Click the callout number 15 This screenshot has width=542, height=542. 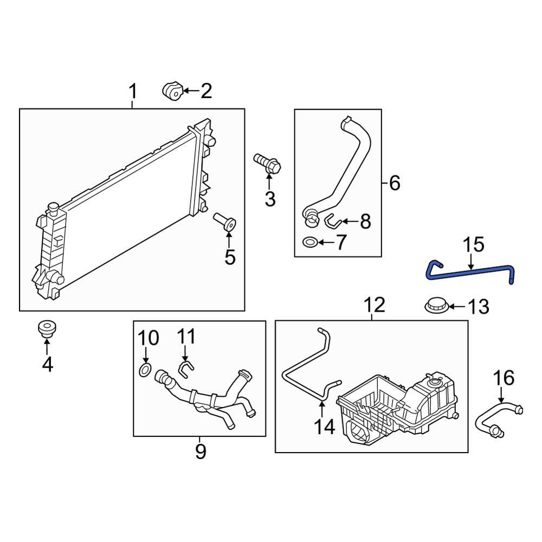click(x=473, y=245)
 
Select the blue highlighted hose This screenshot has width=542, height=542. click(x=472, y=273)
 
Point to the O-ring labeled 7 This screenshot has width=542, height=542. click(x=311, y=242)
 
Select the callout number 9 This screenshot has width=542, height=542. click(x=201, y=451)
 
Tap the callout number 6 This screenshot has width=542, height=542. click(x=395, y=183)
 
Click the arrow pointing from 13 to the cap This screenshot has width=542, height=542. click(x=455, y=307)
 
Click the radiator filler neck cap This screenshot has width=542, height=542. click(x=53, y=208)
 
